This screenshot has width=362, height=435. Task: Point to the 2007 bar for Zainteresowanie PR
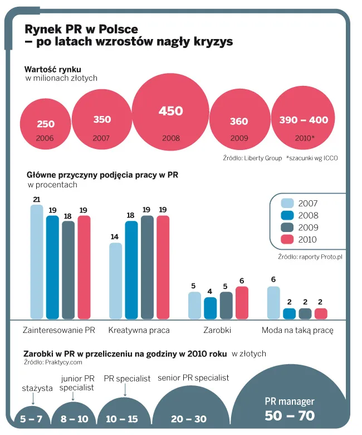(37, 262)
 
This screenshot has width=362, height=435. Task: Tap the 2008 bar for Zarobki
(210, 308)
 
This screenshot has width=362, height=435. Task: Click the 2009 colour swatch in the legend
(287, 228)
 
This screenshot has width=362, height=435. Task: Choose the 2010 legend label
(307, 240)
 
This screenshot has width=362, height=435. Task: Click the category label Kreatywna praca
(139, 330)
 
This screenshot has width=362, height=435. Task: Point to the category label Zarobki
(218, 330)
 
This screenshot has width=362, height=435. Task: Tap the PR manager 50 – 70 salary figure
(290, 415)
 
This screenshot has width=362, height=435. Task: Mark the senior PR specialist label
(193, 378)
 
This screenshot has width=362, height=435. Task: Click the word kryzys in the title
(212, 42)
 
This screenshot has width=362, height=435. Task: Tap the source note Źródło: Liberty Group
(252, 158)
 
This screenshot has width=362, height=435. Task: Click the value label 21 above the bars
(37, 200)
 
